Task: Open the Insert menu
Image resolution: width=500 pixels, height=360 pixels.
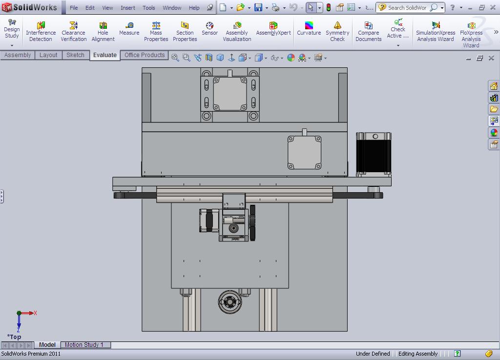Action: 128,8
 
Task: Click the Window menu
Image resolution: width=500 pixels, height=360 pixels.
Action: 172,8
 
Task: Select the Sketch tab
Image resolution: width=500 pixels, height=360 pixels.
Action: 75,55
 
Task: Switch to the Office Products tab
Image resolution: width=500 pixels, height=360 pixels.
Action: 145,55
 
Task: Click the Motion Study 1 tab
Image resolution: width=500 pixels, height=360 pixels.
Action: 84,345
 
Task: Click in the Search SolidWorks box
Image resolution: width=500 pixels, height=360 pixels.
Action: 406,8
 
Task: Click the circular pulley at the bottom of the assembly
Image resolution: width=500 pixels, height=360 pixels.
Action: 229,302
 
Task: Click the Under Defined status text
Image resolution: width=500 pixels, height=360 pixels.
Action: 373,354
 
